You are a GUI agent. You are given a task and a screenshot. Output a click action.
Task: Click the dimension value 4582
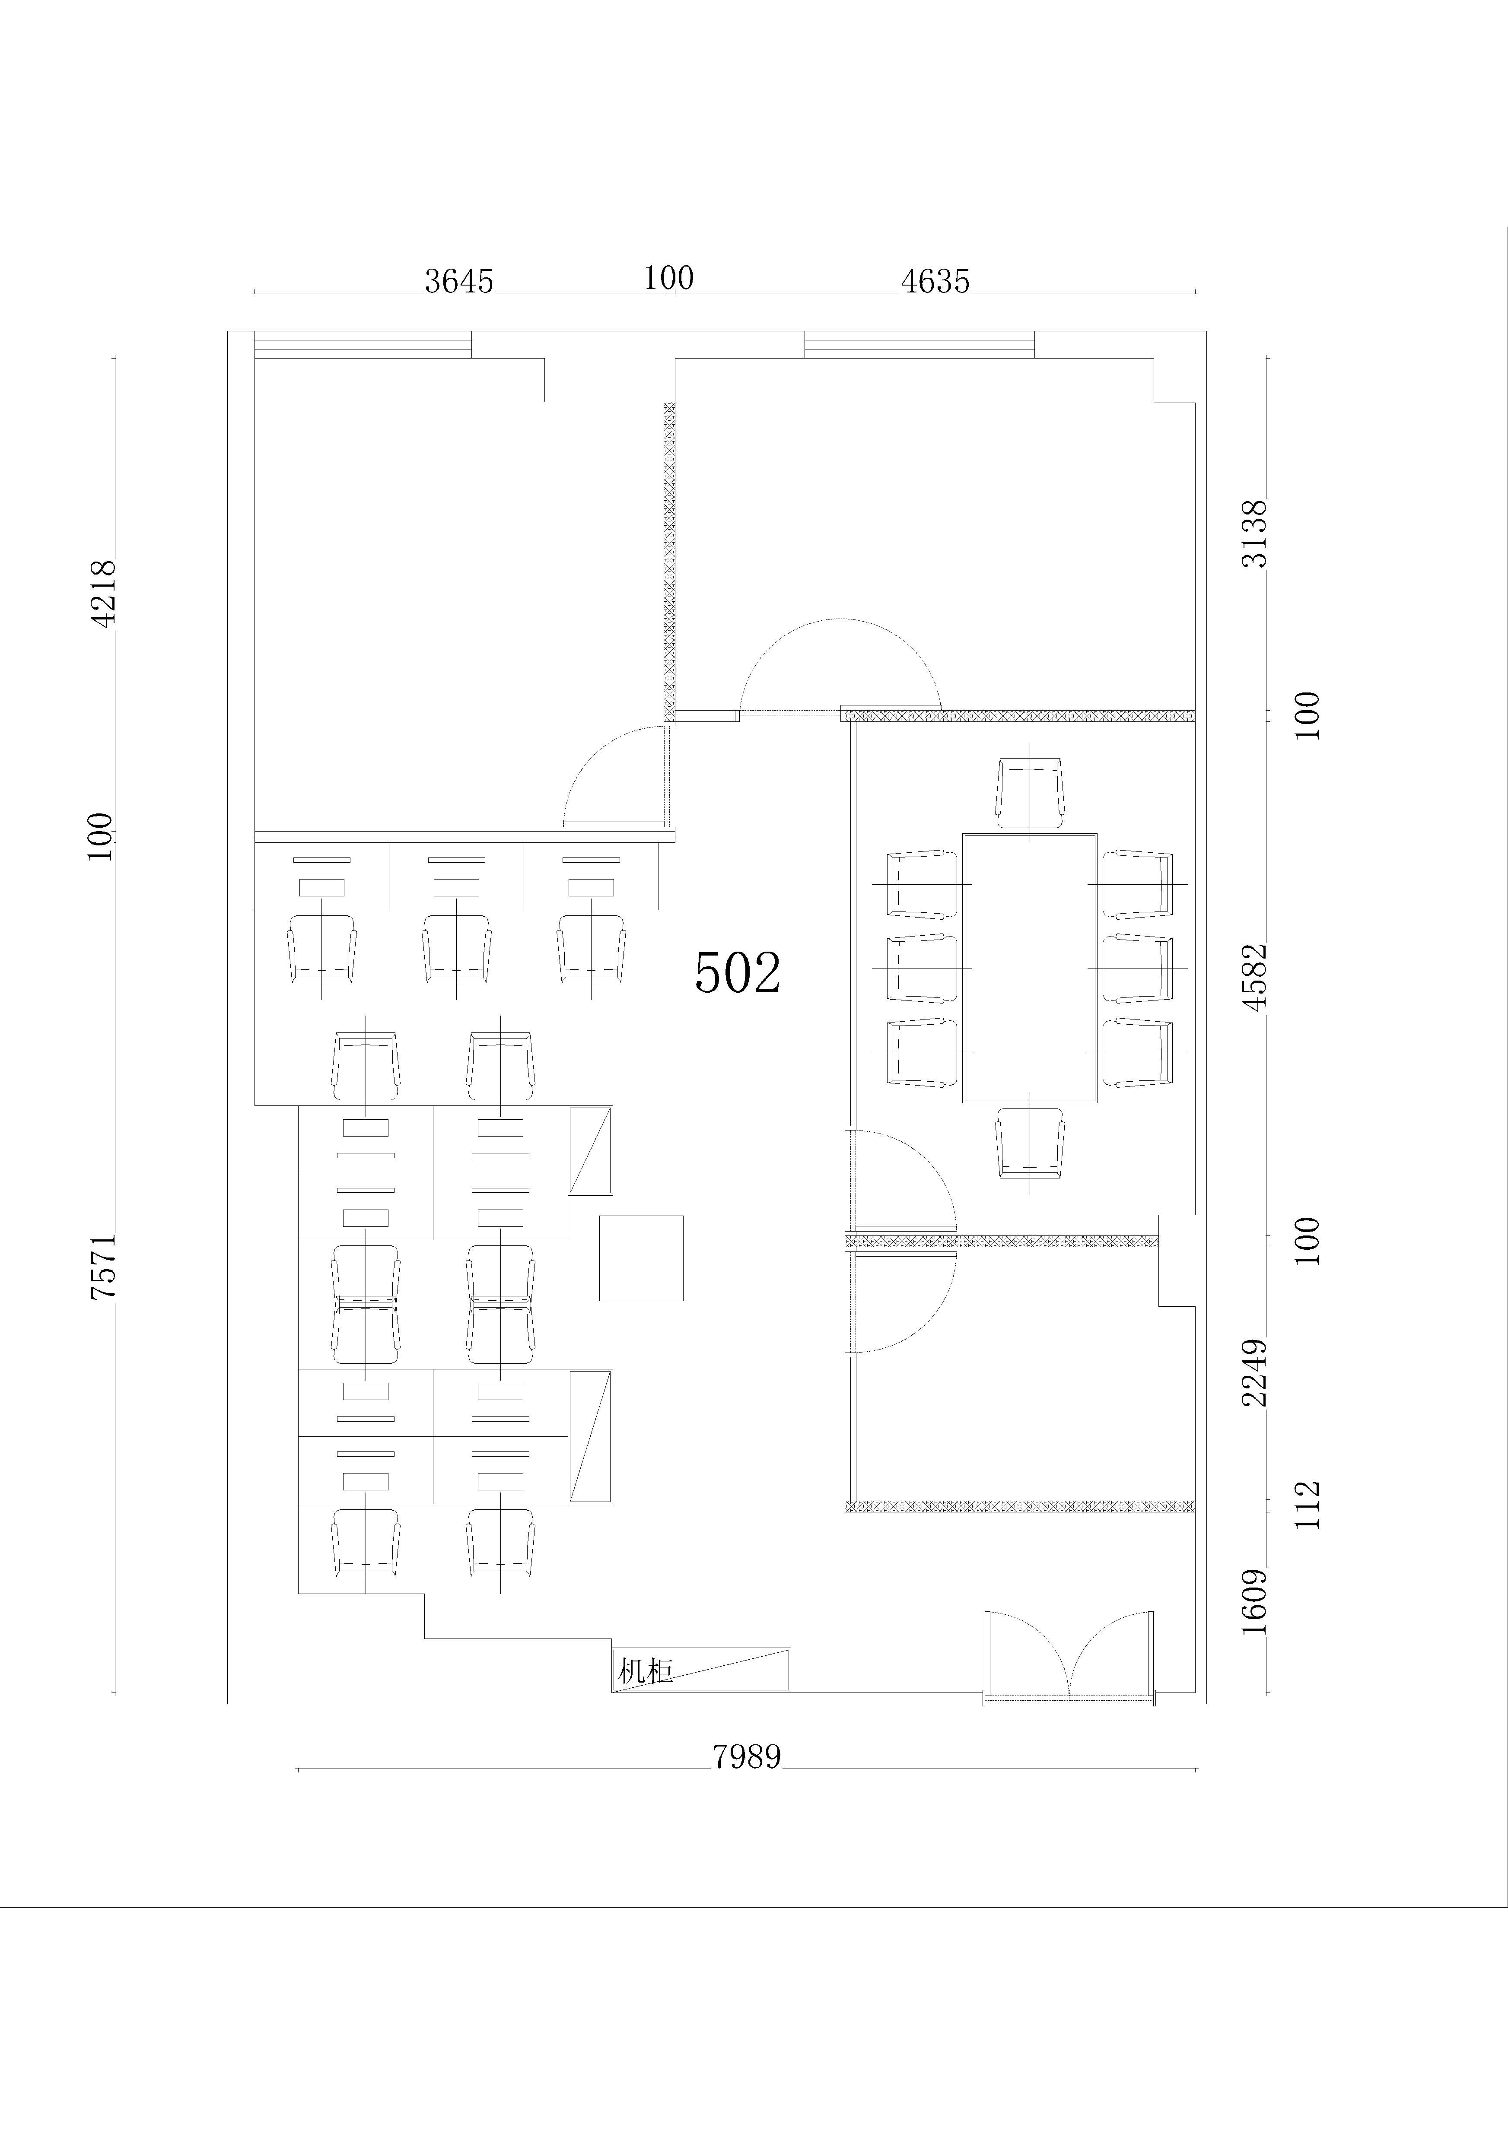[1256, 977]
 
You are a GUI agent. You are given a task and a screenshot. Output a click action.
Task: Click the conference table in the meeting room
[1030, 968]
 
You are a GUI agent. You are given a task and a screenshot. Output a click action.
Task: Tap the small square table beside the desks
[642, 1258]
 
